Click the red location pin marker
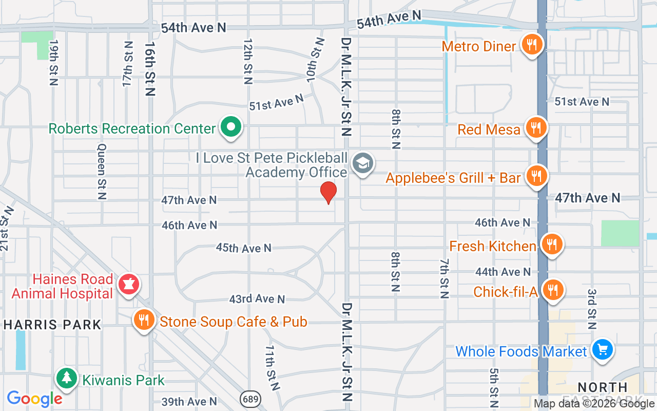pos(328,192)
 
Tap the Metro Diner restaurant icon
pos(533,45)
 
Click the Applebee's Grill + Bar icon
pos(536,176)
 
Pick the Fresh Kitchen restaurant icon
pos(551,245)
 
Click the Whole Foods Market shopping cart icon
pos(602,350)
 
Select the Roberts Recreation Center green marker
pos(231,127)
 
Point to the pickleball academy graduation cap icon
pos(363,164)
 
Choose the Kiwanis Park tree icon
pos(66,379)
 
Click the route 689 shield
pos(250,399)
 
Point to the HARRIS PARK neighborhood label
pos(53,325)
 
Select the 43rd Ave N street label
pos(257,298)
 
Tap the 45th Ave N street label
pos(243,248)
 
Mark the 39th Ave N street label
pos(189,401)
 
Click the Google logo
pos(34,399)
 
